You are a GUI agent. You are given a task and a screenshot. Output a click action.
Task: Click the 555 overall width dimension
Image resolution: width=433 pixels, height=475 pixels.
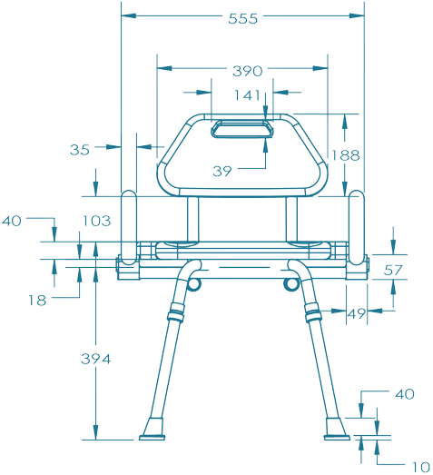tap(243, 19)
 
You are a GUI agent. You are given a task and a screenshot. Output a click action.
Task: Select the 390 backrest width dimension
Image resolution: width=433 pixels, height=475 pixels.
tap(248, 71)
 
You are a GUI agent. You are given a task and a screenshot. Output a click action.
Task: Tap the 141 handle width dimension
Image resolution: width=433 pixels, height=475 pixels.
tap(247, 95)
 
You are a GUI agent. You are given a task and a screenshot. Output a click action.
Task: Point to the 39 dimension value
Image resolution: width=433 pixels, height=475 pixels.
tap(222, 171)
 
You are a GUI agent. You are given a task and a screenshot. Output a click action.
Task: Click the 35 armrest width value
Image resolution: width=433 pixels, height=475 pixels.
tap(80, 150)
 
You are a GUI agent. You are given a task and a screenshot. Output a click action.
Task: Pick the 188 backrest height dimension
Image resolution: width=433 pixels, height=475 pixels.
tap(346, 155)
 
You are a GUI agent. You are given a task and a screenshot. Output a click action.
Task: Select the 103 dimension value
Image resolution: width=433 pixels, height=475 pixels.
tap(97, 221)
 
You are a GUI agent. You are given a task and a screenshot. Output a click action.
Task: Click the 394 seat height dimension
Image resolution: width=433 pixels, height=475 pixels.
tap(96, 359)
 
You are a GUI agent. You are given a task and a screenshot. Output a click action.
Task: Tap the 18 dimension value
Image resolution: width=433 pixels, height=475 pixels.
tap(37, 301)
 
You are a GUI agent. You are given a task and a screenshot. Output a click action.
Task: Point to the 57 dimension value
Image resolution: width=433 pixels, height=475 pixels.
tap(393, 271)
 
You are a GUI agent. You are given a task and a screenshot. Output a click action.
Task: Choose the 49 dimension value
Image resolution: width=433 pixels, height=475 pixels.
tap(357, 314)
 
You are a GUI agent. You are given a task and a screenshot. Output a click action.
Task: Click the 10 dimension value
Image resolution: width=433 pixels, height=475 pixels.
tap(421, 467)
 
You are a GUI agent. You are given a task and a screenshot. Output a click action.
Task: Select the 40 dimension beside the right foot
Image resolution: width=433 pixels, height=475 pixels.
tap(405, 394)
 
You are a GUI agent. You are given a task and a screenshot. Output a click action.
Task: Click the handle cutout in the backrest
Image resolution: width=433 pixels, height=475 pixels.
tap(242, 129)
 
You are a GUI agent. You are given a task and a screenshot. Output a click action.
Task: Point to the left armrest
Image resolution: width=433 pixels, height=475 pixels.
tap(129, 228)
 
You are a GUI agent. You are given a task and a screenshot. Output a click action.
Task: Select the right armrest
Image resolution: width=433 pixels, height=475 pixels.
tap(357, 228)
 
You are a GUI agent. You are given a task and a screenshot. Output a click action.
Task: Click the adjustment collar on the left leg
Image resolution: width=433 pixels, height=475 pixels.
tap(176, 312)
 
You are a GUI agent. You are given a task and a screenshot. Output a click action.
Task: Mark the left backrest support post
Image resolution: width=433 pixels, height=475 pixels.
tap(192, 220)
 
